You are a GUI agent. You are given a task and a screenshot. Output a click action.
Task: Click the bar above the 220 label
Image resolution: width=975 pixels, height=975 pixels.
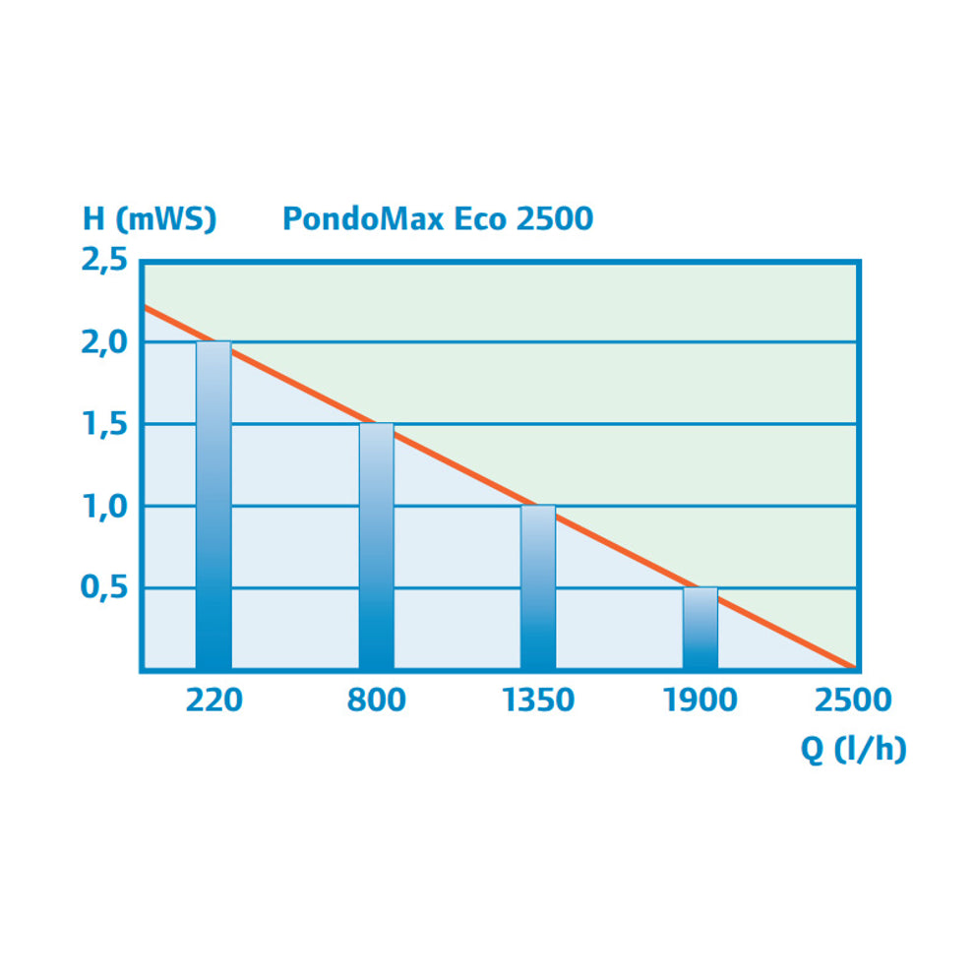[213, 506]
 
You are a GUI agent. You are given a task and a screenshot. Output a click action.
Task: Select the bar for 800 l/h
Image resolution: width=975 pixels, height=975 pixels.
[376, 547]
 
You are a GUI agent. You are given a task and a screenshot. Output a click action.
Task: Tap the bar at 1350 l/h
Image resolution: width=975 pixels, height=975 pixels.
[538, 587]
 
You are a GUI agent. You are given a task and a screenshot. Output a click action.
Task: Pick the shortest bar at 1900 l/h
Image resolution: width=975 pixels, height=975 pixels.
[701, 629]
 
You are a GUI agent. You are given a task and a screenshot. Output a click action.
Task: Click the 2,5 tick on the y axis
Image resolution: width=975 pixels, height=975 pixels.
[103, 262]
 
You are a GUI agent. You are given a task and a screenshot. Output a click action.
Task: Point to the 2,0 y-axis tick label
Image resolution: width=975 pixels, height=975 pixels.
[103, 343]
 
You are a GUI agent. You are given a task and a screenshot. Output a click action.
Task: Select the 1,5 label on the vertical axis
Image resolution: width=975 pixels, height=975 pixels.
[103, 425]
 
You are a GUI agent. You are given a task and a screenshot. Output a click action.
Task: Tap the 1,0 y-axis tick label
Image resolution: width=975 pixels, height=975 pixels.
[103, 507]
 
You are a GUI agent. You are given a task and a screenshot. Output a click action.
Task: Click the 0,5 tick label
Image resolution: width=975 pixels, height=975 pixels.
[103, 588]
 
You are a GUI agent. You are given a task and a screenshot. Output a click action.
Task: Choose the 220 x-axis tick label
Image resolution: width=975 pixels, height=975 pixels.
[213, 701]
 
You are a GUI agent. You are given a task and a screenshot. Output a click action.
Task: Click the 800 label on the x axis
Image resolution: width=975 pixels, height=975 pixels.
[376, 701]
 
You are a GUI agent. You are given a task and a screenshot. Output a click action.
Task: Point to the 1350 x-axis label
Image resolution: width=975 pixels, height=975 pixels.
[538, 701]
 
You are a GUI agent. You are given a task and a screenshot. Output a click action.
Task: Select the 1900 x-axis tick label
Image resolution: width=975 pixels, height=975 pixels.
[701, 701]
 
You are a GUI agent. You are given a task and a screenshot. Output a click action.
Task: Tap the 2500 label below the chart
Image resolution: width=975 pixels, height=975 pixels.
[852, 701]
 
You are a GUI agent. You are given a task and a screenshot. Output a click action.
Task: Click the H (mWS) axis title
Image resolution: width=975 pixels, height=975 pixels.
[149, 218]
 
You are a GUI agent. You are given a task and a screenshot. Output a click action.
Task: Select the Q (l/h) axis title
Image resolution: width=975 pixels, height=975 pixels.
[853, 749]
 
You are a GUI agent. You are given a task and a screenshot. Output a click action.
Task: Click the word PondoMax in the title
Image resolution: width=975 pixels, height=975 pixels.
[364, 217]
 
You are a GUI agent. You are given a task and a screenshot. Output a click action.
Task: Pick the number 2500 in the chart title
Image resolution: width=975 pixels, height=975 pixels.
[555, 217]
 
